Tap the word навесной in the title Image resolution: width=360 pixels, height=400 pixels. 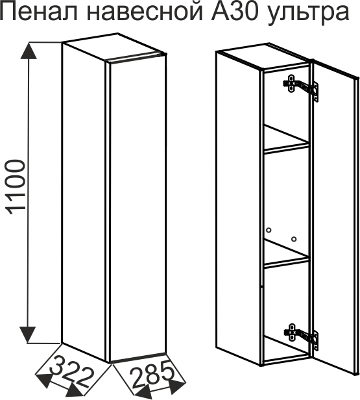(x=145, y=12)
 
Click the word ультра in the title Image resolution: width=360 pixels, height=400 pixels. (x=307, y=15)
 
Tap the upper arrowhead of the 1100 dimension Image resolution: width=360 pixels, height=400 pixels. (x=28, y=51)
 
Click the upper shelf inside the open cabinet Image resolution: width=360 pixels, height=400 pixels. (x=286, y=140)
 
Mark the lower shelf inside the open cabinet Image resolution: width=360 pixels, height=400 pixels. (x=286, y=253)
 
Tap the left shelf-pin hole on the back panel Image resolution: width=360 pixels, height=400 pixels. (x=269, y=231)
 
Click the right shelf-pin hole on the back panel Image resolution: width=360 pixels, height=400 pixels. (x=294, y=239)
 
